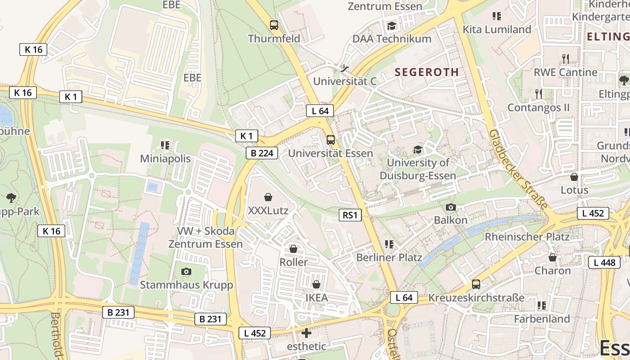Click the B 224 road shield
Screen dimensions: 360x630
pyautogui.click(x=262, y=153)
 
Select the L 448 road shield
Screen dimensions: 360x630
pyautogui.click(x=604, y=262)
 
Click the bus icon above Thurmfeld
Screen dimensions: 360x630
pyautogui.click(x=274, y=25)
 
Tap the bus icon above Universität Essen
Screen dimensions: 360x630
pyautogui.click(x=330, y=140)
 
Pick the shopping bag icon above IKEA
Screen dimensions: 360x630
pyautogui.click(x=316, y=284)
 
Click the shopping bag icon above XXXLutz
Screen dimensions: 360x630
pyautogui.click(x=268, y=197)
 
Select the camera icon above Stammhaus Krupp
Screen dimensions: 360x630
pyautogui.click(x=186, y=271)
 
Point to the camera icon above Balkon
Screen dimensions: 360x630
pyautogui.click(x=450, y=207)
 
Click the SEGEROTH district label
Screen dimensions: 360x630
pyautogui.click(x=427, y=72)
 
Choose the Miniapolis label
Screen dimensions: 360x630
pyautogui.click(x=165, y=159)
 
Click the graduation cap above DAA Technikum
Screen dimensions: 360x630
pyautogui.click(x=391, y=26)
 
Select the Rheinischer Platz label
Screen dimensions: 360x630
pyautogui.click(x=526, y=237)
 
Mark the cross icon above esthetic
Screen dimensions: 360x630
pyautogui.click(x=306, y=333)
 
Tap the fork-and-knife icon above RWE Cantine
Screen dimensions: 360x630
pyautogui.click(x=566, y=58)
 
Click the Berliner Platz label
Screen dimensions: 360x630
pyautogui.click(x=389, y=257)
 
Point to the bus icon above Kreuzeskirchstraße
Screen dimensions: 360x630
pyautogui.click(x=476, y=284)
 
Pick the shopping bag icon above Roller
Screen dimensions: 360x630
pyautogui.click(x=293, y=249)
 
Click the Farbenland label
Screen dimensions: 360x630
pyautogui.click(x=542, y=319)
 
